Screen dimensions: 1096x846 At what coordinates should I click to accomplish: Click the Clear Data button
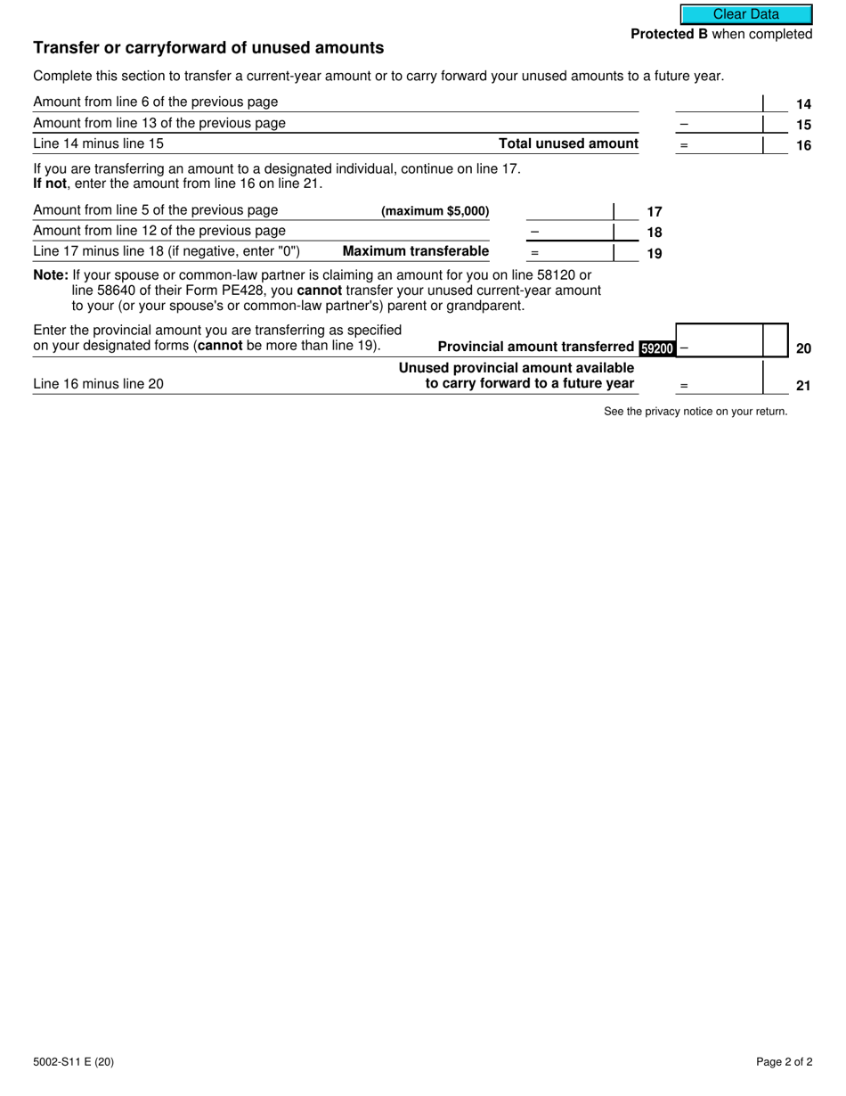point(746,14)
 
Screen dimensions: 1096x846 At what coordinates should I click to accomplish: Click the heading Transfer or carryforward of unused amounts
point(208,48)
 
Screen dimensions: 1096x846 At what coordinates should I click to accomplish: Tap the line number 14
point(803,104)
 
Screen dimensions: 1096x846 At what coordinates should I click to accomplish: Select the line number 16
point(803,145)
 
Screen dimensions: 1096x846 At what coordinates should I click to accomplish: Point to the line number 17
point(655,212)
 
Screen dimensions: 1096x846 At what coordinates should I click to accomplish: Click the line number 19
point(655,253)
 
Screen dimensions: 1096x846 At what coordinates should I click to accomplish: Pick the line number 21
point(803,387)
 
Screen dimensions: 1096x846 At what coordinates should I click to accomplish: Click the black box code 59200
point(657,348)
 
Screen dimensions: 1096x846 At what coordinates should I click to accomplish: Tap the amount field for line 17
point(570,211)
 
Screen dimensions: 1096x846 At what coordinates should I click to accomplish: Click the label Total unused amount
point(568,143)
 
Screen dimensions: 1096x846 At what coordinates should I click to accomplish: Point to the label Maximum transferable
point(416,251)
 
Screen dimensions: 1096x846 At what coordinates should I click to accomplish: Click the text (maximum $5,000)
point(435,211)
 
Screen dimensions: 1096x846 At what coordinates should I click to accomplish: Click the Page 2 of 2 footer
point(784,1061)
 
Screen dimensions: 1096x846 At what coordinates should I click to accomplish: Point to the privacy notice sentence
point(696,412)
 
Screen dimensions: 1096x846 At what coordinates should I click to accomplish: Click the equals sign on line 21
point(684,387)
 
